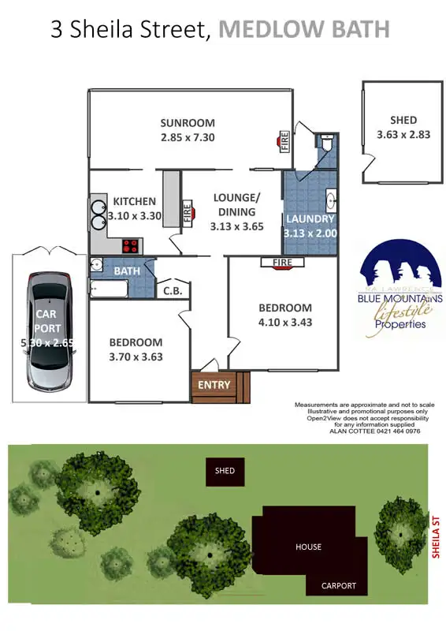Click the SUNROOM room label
coord(188,123)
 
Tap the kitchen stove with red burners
coord(130,245)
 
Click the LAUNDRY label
coord(310,218)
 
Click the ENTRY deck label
coord(214,385)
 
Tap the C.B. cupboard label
coord(173,291)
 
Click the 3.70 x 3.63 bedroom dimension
coord(136,357)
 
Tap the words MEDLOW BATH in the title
coord(304,30)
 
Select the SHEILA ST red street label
coord(434,533)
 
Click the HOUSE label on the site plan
coord(308,547)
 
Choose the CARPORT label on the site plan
coord(338,586)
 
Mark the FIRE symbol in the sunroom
coord(282,142)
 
